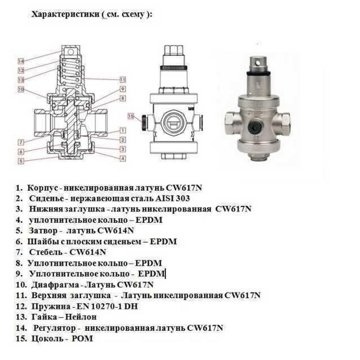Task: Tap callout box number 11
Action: point(123,80)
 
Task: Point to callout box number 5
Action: point(21,161)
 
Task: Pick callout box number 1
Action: point(123,130)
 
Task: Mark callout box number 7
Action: point(21,142)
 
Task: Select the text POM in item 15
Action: point(83,339)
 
